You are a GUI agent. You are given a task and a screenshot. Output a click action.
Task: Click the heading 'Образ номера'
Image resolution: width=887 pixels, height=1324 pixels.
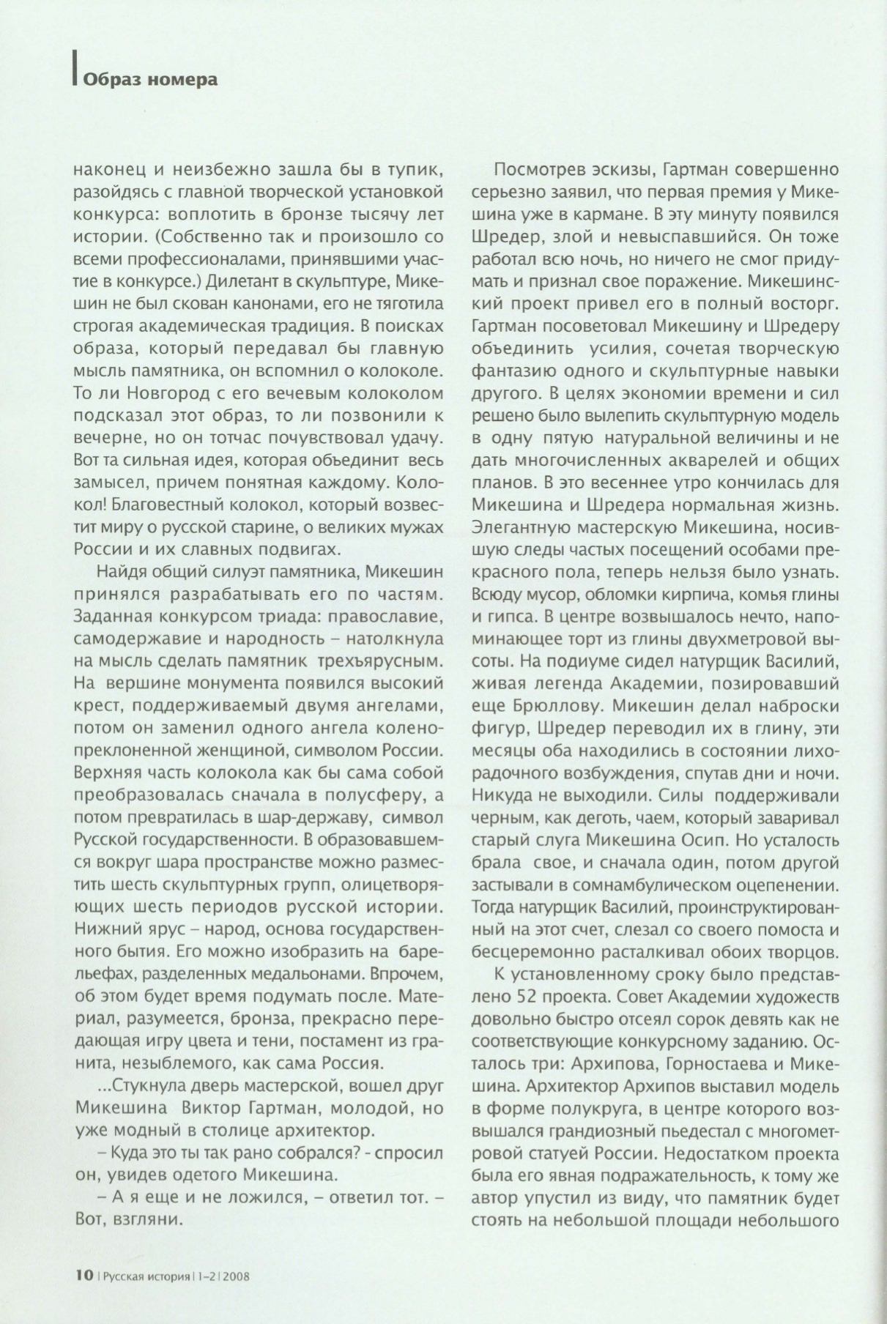point(150,79)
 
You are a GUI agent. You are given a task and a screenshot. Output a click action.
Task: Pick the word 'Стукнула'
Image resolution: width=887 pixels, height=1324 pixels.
point(142,1083)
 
